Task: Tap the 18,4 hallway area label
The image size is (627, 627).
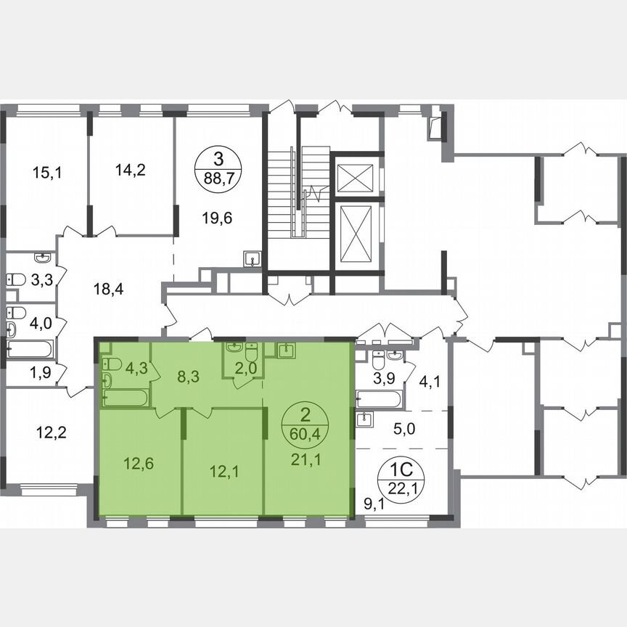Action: [107, 290]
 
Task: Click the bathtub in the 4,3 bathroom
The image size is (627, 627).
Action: [126, 398]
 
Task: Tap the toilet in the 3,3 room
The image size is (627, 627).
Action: [16, 279]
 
